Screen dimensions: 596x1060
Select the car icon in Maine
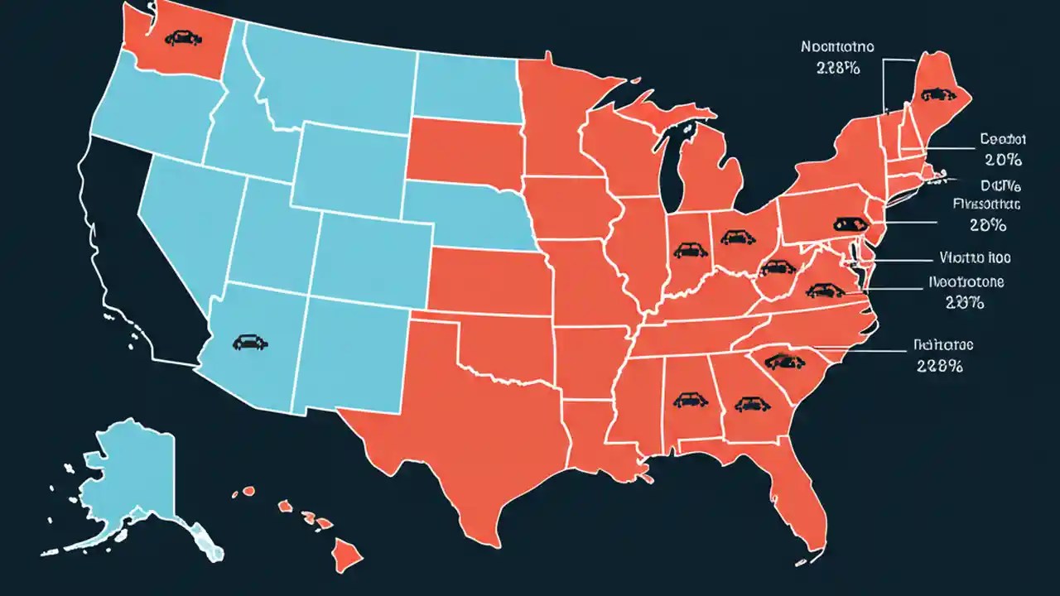(933, 94)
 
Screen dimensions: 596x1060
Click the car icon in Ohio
(733, 238)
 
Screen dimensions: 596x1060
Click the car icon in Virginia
(821, 290)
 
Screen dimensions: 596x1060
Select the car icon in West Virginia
(777, 267)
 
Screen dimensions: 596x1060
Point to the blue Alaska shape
(132, 480)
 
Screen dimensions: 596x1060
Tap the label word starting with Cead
(1002, 139)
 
